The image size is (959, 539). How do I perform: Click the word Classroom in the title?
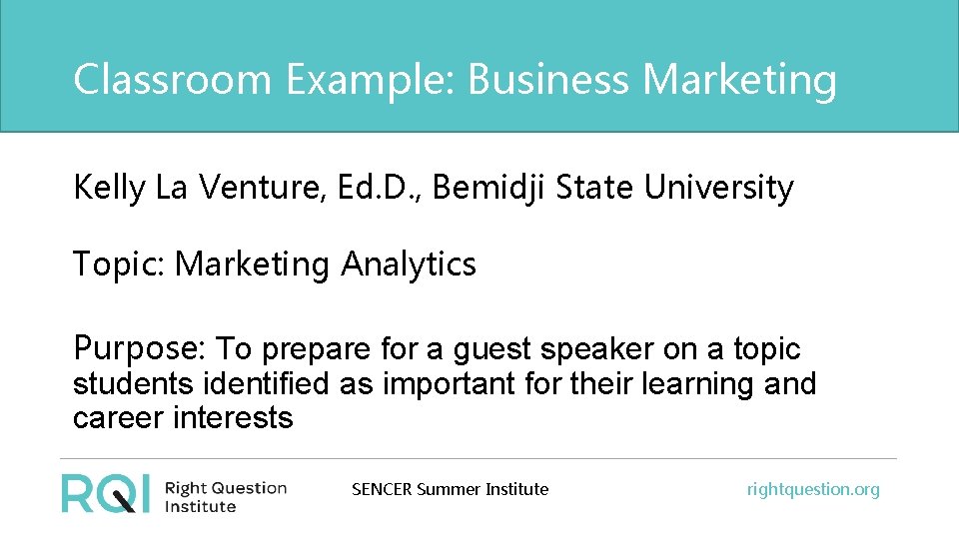click(x=172, y=79)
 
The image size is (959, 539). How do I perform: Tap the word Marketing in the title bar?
click(x=739, y=79)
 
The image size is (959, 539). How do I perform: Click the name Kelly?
click(x=109, y=188)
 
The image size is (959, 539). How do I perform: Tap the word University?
click(x=719, y=188)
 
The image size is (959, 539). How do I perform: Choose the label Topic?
click(x=119, y=265)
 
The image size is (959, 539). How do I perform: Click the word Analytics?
click(x=409, y=265)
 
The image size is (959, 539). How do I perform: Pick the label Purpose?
click(x=139, y=348)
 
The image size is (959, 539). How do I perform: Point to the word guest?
click(x=492, y=349)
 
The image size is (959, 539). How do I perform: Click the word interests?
click(x=234, y=417)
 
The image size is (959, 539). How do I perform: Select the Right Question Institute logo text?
click(x=225, y=496)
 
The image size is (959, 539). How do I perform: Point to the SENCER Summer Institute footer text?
click(x=450, y=489)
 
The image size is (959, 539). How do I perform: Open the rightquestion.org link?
click(x=813, y=489)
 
